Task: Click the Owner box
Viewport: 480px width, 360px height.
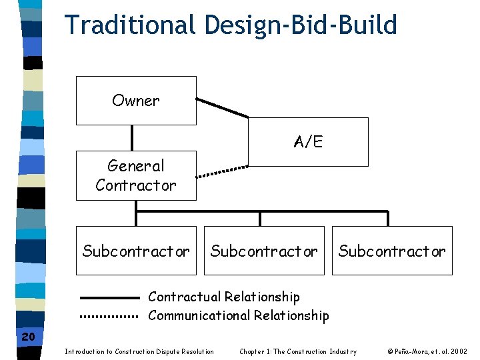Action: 136,101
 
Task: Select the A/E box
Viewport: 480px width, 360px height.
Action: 308,142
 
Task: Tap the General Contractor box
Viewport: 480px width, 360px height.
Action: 136,175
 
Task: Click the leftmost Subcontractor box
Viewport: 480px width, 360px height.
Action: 136,251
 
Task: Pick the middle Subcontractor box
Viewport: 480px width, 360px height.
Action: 264,251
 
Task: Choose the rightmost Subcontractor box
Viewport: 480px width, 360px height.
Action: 392,251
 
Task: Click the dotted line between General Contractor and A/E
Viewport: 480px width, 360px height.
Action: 222,171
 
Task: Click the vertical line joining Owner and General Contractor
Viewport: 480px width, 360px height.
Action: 133,138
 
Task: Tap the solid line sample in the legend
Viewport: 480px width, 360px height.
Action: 109,297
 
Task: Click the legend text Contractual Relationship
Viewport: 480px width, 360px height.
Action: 224,297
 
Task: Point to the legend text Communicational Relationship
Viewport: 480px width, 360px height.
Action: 239,315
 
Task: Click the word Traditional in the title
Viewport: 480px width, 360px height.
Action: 130,25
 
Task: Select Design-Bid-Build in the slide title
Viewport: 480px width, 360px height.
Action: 301,25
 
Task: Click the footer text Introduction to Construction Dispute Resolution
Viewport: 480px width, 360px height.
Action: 139,351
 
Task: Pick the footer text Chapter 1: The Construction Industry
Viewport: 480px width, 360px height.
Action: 298,351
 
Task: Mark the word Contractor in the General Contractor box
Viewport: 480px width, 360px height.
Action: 136,185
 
